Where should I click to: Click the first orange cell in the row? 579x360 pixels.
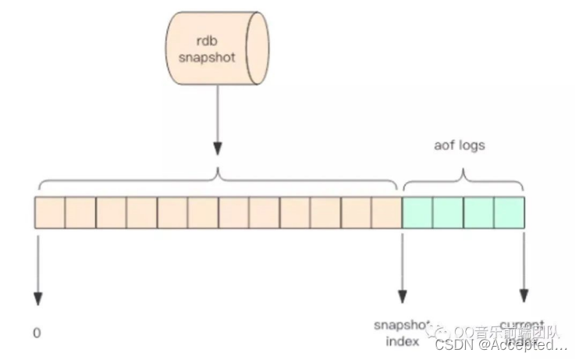50,212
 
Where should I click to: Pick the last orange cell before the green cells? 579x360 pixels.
386,212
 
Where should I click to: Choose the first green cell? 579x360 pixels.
417,212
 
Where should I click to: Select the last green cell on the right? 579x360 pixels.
509,212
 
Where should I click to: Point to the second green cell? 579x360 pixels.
448,212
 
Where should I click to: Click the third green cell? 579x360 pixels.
478,212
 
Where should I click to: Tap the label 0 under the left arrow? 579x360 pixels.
37,333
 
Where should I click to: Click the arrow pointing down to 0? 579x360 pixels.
37,266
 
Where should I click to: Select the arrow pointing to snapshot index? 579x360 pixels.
402,266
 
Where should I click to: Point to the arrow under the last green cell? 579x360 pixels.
524,266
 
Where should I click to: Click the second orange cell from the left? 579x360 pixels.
80,212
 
